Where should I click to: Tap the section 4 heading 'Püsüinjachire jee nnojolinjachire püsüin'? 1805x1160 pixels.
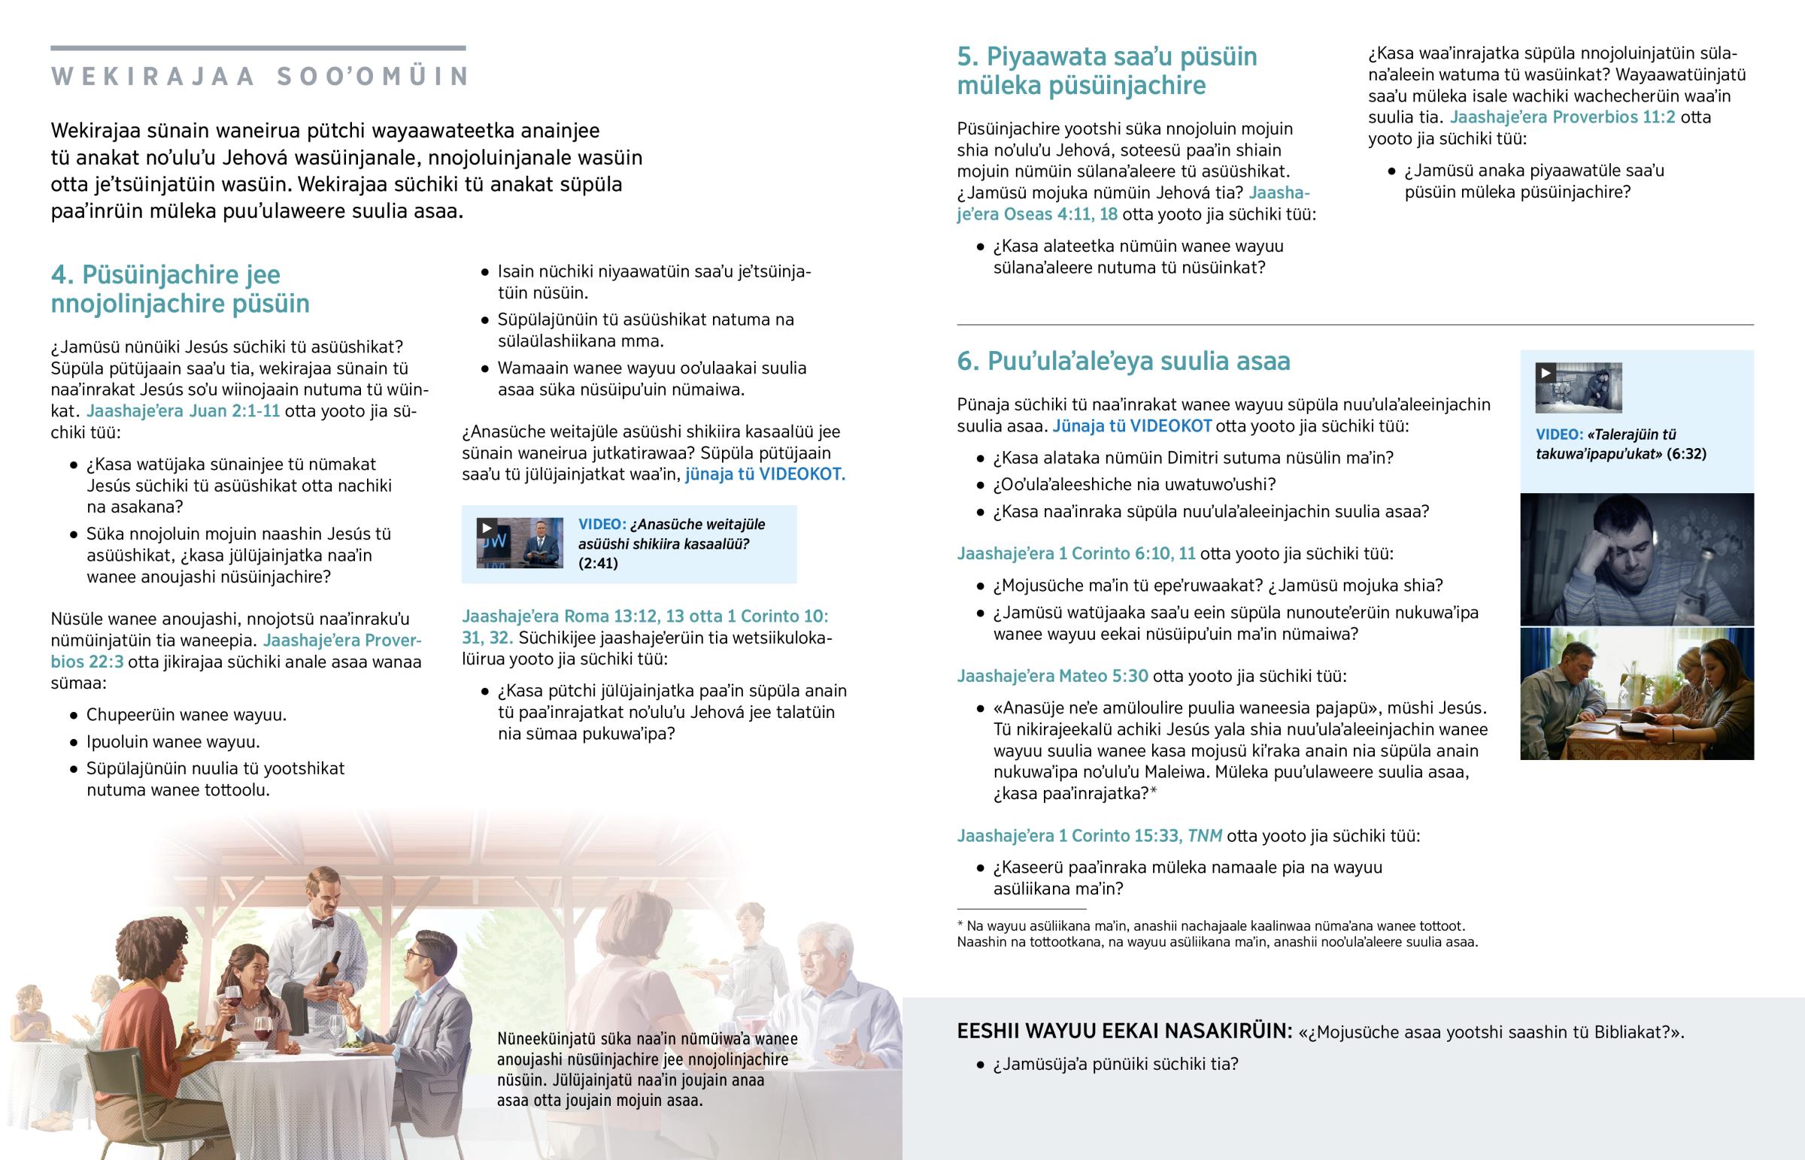pyautogui.click(x=180, y=289)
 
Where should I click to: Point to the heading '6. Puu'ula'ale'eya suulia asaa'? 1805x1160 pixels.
pyautogui.click(x=1123, y=361)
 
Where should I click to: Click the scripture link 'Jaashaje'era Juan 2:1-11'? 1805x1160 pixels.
pyautogui.click(x=183, y=411)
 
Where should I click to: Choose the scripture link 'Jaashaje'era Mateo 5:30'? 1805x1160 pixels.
pyautogui.click(x=1052, y=676)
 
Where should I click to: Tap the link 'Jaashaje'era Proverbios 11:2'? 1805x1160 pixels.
pyautogui.click(x=1562, y=117)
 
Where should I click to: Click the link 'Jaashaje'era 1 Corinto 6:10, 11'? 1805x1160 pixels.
pyautogui.click(x=1075, y=553)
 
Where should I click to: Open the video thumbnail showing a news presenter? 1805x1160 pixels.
pyautogui.click(x=520, y=542)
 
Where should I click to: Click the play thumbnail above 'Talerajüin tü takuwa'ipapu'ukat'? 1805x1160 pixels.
pyautogui.click(x=1578, y=388)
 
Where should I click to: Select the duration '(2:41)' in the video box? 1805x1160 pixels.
pyautogui.click(x=598, y=563)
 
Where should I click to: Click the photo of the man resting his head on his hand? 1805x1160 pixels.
pyautogui.click(x=1637, y=559)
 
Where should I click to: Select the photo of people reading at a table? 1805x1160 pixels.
pyautogui.click(x=1637, y=694)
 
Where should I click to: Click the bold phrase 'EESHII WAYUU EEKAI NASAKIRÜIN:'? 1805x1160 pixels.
pyautogui.click(x=1124, y=1031)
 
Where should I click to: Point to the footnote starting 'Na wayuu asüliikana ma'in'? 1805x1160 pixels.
pyautogui.click(x=1217, y=934)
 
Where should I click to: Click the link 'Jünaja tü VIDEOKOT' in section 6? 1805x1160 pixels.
pyautogui.click(x=1132, y=426)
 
